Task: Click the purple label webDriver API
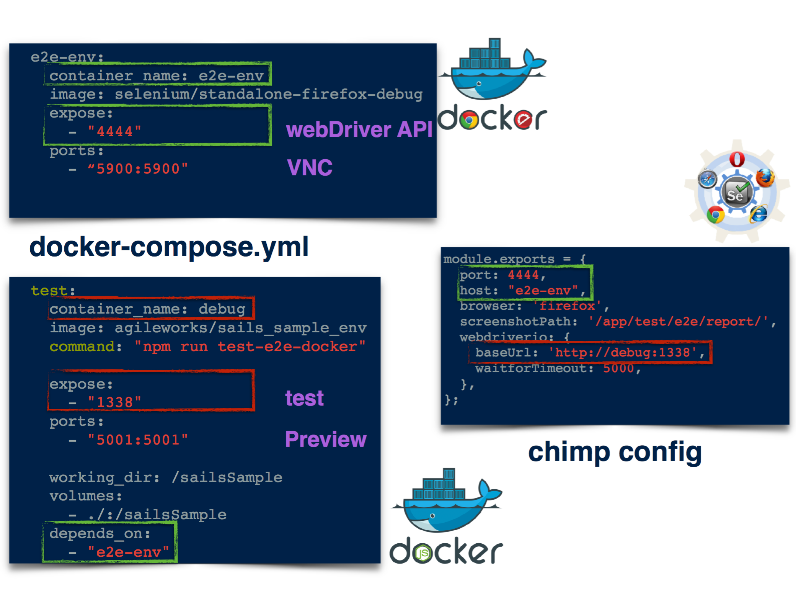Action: point(359,129)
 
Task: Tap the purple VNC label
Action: point(310,167)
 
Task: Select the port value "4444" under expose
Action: point(114,132)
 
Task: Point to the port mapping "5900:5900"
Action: point(138,169)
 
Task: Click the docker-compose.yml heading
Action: point(169,247)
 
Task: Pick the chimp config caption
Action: point(615,452)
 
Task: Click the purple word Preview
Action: point(326,439)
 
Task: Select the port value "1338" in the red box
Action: point(114,402)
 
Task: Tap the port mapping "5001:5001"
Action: point(138,440)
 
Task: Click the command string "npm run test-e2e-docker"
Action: point(250,347)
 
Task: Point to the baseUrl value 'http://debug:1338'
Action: point(622,352)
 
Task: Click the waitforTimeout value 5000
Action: point(618,368)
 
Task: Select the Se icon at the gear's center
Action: point(736,194)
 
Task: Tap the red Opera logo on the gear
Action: point(737,159)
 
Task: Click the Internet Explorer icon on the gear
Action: point(758,214)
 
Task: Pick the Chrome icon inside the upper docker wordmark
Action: point(469,120)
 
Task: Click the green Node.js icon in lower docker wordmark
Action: point(422,553)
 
